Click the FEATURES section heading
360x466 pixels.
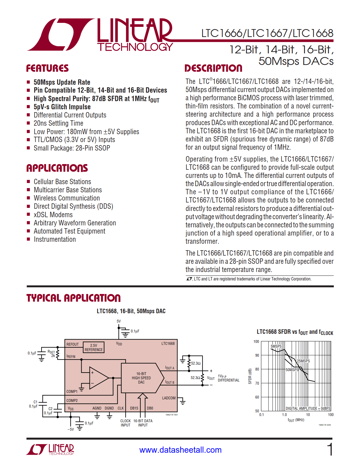(x=47, y=68)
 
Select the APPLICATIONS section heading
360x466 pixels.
(x=57, y=168)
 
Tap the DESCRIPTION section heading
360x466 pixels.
(x=213, y=68)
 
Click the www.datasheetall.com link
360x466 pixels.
(x=180, y=450)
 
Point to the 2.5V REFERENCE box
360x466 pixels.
(x=94, y=347)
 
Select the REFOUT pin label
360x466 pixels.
(x=73, y=344)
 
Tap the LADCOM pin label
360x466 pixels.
(x=169, y=398)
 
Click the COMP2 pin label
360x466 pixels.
(x=72, y=400)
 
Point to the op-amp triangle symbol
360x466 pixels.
(x=98, y=378)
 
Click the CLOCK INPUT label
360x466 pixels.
(x=125, y=423)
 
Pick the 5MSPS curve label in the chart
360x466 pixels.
(x=276, y=346)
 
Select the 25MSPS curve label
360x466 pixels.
(x=303, y=361)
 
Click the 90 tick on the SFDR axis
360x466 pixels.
(x=257, y=355)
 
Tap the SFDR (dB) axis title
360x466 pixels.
(x=250, y=376)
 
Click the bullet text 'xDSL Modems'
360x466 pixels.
(x=53, y=215)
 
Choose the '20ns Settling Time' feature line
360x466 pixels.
(x=58, y=123)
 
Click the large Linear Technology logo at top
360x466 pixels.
(x=100, y=35)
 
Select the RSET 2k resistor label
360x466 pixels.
(x=52, y=354)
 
